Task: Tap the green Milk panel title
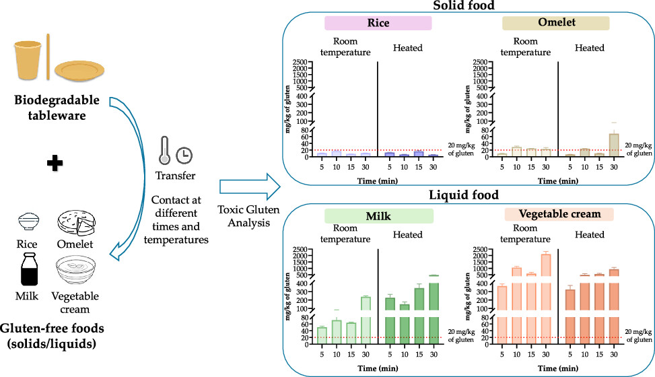378,215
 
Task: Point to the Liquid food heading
462,196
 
